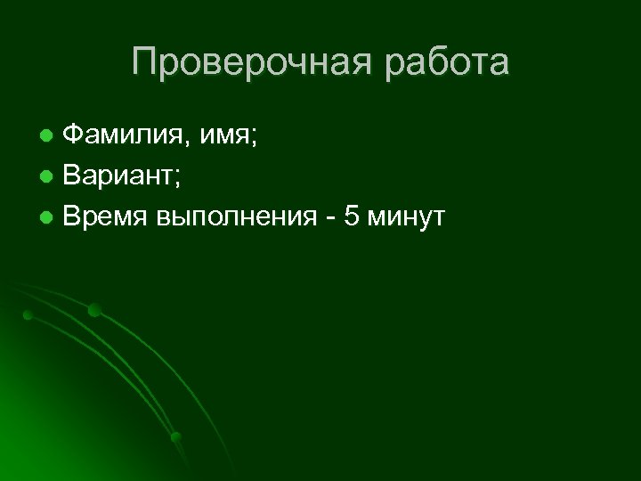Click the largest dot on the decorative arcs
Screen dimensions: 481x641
click(94, 310)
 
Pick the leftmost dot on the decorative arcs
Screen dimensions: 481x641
click(28, 314)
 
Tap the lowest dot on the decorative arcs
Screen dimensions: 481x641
click(176, 436)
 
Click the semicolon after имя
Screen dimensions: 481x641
click(256, 140)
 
